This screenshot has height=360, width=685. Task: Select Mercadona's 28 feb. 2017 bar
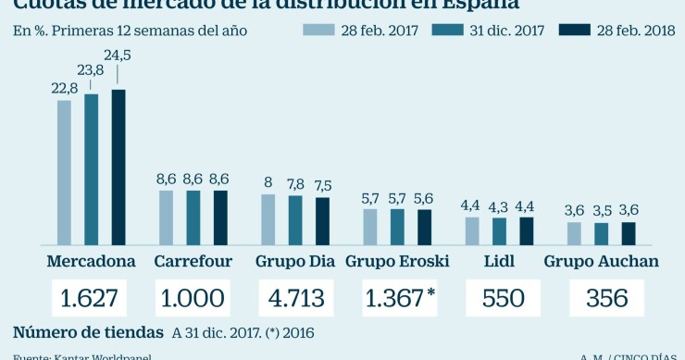coord(64,171)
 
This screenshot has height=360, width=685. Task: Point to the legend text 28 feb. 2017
coord(381,31)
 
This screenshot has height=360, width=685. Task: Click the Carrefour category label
coord(193,261)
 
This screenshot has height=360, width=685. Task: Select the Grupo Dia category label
coord(294,261)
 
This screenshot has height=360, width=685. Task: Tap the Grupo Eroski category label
coord(397,261)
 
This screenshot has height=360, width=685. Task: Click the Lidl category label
coord(499,261)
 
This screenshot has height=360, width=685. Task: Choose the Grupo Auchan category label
coord(601,261)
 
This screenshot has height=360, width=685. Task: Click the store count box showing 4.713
coord(295,299)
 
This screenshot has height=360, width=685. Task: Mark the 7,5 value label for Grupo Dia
coord(323,183)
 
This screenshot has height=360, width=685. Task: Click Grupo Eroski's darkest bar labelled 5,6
coord(424,226)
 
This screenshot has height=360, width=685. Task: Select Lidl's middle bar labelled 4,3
coord(499,230)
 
